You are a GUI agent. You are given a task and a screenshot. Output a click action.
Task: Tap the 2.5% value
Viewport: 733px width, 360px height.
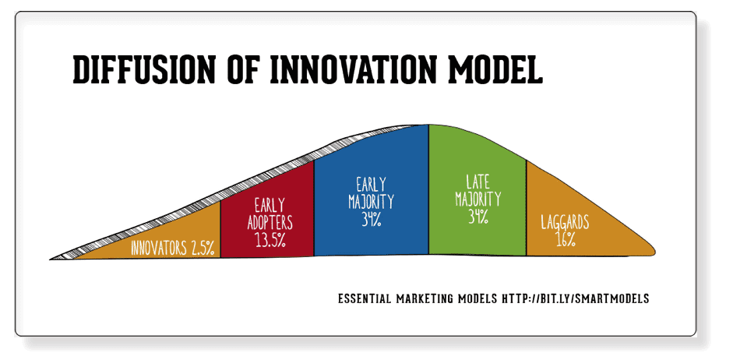tap(203, 249)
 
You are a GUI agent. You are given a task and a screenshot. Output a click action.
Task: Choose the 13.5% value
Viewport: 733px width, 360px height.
tap(270, 239)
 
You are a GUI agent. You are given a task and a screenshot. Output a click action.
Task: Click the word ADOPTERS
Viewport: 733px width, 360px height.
tap(270, 222)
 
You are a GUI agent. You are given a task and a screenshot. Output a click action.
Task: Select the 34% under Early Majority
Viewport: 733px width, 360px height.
tap(372, 219)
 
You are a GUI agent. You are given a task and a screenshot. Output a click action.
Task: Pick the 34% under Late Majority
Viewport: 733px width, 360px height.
tap(478, 216)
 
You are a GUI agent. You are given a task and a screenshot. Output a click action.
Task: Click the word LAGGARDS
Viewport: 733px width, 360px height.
tap(565, 222)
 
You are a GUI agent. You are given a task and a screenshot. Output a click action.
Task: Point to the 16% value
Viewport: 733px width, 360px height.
tap(566, 239)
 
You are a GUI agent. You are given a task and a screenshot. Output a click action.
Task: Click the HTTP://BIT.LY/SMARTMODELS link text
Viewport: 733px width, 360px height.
tap(576, 298)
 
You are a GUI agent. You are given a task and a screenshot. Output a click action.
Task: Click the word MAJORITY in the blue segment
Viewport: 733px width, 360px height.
tap(372, 201)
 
